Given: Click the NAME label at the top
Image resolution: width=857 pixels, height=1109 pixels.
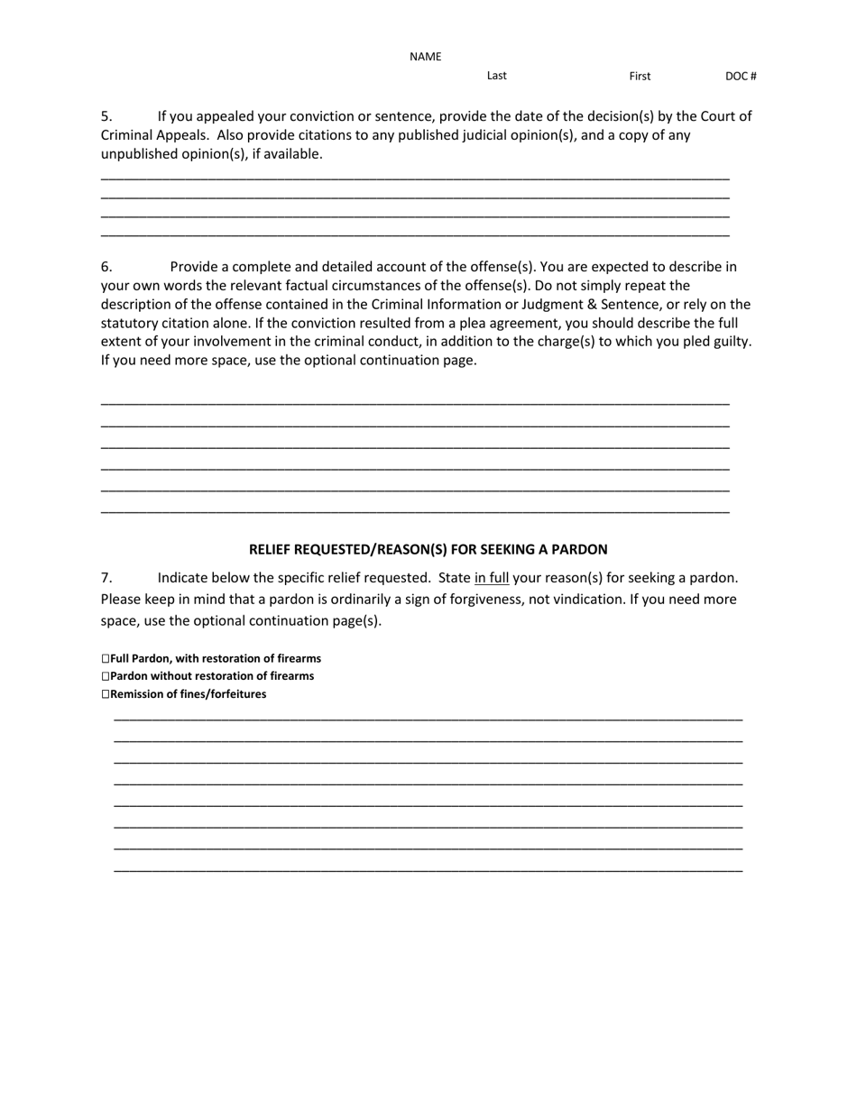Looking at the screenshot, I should click(x=425, y=57).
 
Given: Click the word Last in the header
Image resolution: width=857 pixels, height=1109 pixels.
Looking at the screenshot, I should click(x=496, y=76).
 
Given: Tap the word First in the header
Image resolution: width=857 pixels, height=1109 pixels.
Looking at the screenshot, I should click(x=640, y=77).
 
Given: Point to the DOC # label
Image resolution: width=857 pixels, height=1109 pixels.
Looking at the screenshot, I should click(x=741, y=77).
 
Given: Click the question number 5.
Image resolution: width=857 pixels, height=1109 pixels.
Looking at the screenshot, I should click(x=106, y=116).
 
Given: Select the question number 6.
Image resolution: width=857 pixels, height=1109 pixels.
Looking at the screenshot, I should click(x=106, y=267).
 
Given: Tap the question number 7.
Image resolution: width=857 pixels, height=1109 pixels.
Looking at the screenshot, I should click(x=106, y=578).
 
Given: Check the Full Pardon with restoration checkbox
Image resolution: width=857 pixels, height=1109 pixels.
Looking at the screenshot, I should click(x=106, y=659).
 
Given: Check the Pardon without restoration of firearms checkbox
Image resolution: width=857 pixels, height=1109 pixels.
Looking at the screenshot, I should click(x=106, y=676).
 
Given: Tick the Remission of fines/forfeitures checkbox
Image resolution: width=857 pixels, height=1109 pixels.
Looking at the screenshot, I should click(x=106, y=694).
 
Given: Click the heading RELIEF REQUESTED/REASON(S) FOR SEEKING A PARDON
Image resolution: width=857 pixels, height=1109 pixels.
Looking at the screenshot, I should click(x=428, y=549).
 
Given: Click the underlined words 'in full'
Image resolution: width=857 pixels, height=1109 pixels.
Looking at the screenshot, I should click(x=492, y=578).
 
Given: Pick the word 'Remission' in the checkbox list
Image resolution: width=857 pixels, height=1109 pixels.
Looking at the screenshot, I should click(x=138, y=694).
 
